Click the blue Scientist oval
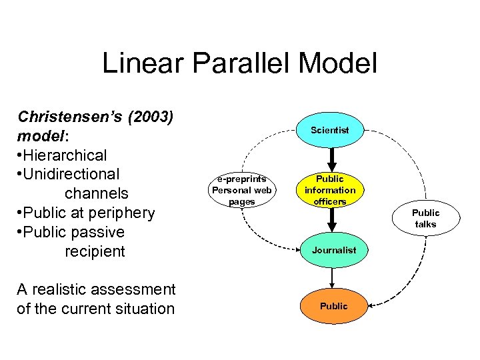(330, 130)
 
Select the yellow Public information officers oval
(330, 190)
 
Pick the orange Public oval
(333, 306)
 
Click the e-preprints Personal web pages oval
(241, 190)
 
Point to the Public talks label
(425, 218)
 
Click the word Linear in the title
(137, 63)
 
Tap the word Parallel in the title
(227, 63)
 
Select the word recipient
(95, 251)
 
